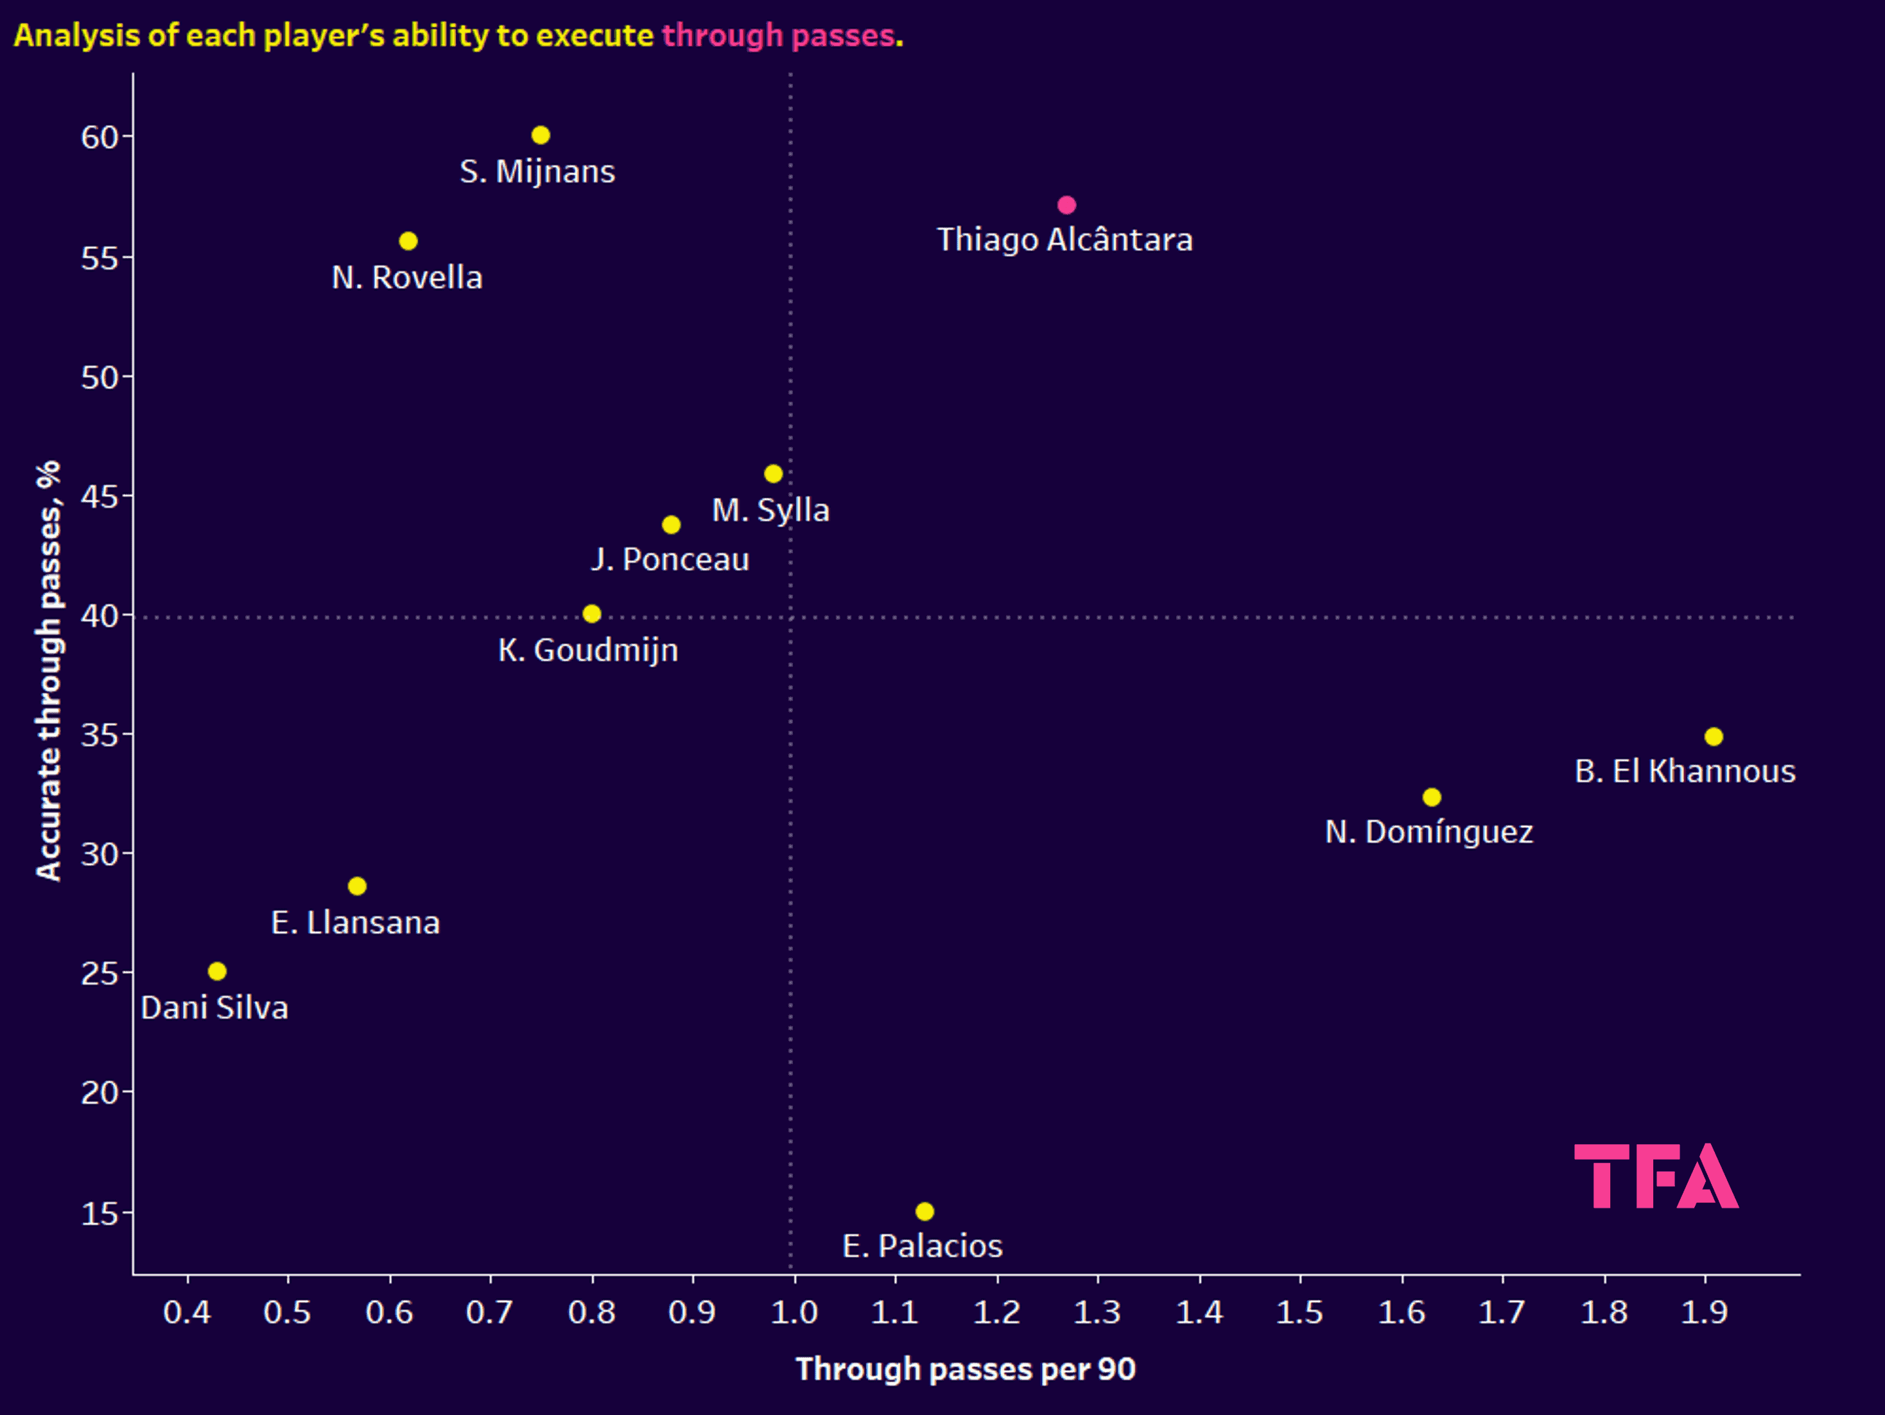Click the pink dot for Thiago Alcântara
tap(1066, 205)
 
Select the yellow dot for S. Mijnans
tap(541, 135)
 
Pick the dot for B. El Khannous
tap(1714, 736)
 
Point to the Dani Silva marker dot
tap(217, 971)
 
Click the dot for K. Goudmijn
tap(591, 613)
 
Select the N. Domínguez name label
tap(1429, 832)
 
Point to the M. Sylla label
tap(770, 510)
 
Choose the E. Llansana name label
tap(355, 923)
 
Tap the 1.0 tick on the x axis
tap(794, 1312)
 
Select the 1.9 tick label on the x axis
tap(1705, 1312)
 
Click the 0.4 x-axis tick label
tap(187, 1312)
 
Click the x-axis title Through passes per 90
tap(966, 1369)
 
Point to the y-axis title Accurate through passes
tap(49, 671)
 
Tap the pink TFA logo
tap(1655, 1176)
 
